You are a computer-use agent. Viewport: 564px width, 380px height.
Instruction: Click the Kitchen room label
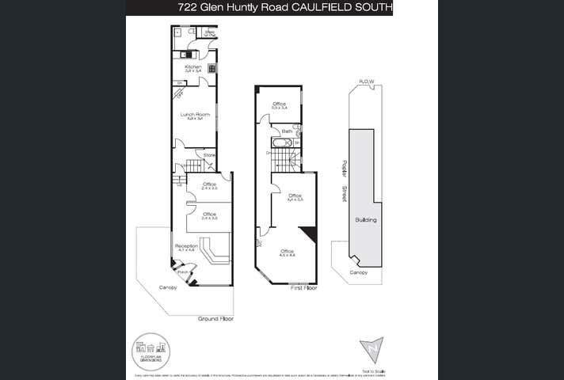tap(193, 66)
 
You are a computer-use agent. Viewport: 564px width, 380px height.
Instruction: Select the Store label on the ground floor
tap(209, 155)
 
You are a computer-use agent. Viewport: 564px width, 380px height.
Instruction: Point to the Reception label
tap(186, 246)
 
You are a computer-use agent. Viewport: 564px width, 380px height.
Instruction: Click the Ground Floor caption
tap(215, 317)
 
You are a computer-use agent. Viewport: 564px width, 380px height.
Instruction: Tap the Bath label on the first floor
tap(287, 131)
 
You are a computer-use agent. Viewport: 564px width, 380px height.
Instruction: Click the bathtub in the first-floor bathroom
tap(282, 143)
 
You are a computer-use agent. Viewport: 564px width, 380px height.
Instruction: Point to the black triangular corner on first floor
tap(310, 232)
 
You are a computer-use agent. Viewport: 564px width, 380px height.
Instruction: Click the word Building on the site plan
tap(365, 220)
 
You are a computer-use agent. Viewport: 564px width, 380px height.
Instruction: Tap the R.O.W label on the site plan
tap(366, 81)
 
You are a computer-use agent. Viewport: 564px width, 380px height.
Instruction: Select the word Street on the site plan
tap(344, 192)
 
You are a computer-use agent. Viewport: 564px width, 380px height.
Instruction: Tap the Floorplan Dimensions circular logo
tap(151, 351)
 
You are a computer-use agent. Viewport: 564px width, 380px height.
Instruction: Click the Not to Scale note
tap(375, 370)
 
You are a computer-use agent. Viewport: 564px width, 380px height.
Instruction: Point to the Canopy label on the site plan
tap(359, 272)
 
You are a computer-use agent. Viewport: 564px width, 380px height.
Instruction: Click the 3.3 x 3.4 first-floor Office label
tap(279, 105)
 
